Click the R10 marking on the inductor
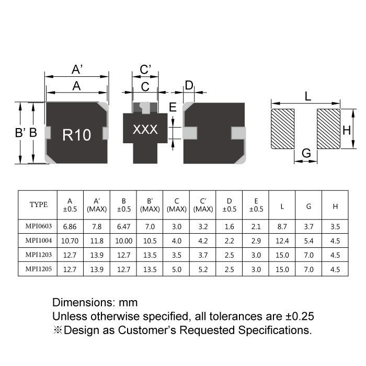pos(77,135)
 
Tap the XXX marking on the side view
pos(145,130)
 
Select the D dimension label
pos(189,85)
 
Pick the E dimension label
pos(173,108)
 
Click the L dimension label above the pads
pos(307,96)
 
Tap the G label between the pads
pos(306,153)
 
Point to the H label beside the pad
pos(346,130)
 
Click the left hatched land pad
pos(283,129)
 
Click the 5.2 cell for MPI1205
pos(202,270)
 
